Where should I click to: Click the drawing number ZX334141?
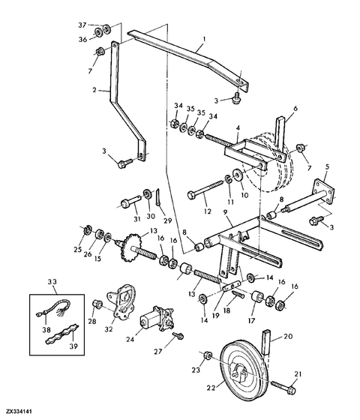pyautogui.click(x=19, y=411)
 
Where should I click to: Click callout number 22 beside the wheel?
pyautogui.click(x=211, y=388)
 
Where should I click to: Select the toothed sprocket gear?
pyautogui.click(x=131, y=247)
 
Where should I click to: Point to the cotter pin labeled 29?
pyautogui.click(x=158, y=197)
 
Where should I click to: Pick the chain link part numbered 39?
pyautogui.click(x=61, y=333)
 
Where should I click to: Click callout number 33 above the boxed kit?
pyautogui.click(x=52, y=282)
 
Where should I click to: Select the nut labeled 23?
pyautogui.click(x=208, y=355)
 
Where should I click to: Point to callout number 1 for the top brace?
pyautogui.click(x=204, y=39)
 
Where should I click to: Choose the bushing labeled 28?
pyautogui.click(x=97, y=304)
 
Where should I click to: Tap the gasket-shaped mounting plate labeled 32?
pyautogui.click(x=121, y=302)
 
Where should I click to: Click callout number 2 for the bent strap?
pyautogui.click(x=94, y=90)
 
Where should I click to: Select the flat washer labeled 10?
pyautogui.click(x=237, y=174)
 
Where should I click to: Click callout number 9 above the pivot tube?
pyautogui.click(x=225, y=211)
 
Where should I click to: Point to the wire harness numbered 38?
pyautogui.click(x=53, y=307)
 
